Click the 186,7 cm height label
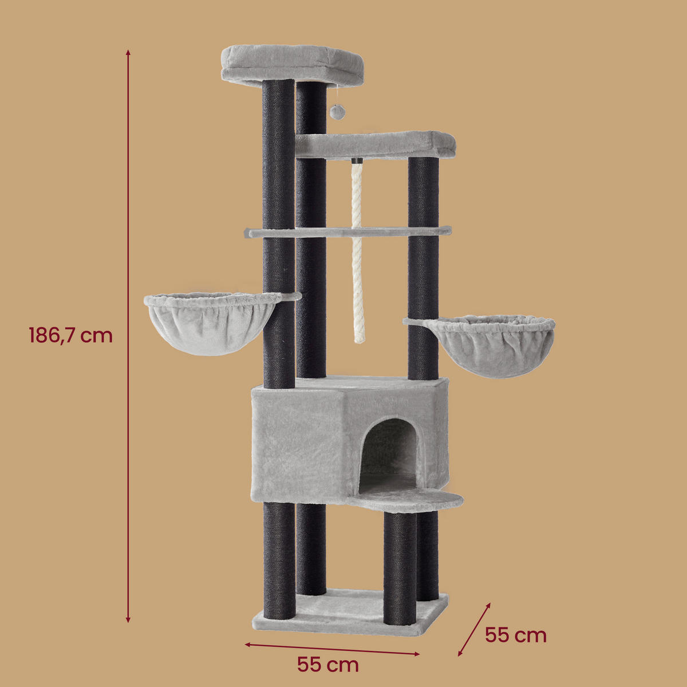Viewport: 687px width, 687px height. click(x=70, y=335)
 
